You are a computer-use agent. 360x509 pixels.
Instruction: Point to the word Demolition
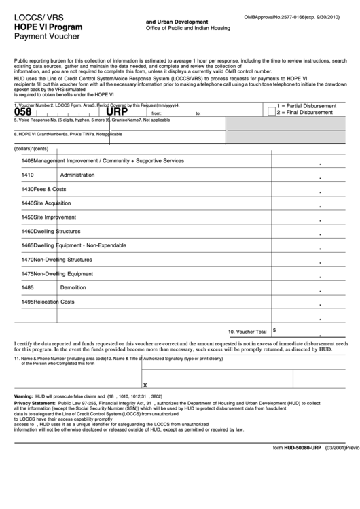73,287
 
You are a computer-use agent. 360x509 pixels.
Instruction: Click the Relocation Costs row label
48,302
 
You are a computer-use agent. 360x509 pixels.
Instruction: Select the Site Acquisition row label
46,203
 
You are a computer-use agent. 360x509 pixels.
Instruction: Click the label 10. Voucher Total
247,332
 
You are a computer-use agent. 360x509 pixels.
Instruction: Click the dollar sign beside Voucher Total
274,330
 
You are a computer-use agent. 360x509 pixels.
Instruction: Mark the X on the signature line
145,385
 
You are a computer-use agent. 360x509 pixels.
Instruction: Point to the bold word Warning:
24,396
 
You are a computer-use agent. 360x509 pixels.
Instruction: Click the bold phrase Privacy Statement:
34,403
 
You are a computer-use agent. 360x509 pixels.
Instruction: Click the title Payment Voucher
42,38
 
